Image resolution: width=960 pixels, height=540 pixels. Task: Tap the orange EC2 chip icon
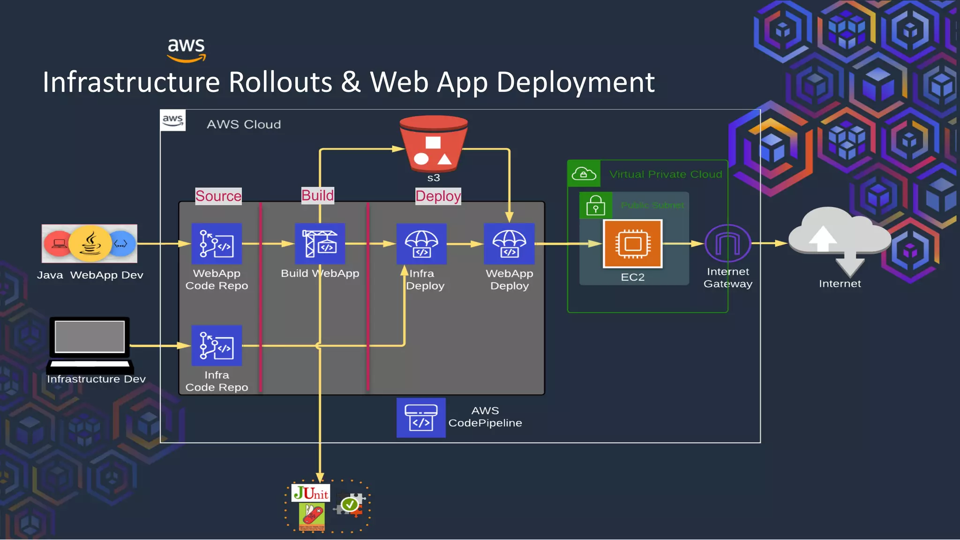pos(632,244)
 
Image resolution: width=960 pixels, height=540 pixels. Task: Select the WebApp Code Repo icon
pos(217,244)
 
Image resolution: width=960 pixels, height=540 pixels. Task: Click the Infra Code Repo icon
pos(217,345)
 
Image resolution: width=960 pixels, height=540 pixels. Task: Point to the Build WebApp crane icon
pos(320,244)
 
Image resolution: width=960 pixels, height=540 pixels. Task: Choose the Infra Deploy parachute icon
pos(421,244)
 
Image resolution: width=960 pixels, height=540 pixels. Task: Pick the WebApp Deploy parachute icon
pos(509,244)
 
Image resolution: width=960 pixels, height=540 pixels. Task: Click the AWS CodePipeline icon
pos(421,418)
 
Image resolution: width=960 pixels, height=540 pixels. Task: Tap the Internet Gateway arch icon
pos(727,243)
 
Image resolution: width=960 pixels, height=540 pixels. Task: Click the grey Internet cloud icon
pos(839,239)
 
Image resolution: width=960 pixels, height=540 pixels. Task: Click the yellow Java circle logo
pos(90,243)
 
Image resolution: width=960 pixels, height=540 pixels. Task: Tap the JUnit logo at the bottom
pos(311,493)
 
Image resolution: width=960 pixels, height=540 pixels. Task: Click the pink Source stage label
pos(218,196)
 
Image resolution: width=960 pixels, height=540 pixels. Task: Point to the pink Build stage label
pos(317,195)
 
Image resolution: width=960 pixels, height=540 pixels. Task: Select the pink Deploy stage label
pos(438,196)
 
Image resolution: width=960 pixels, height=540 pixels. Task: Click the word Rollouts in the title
pos(280,82)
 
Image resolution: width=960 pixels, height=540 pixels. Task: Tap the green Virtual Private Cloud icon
pos(584,174)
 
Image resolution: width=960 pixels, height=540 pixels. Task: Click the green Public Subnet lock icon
pos(595,205)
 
